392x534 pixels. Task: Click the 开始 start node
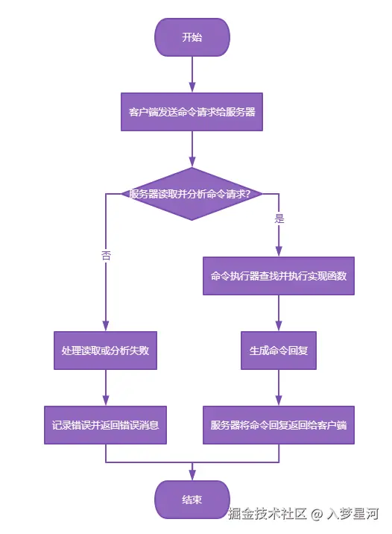point(192,37)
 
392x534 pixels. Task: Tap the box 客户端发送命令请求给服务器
point(192,112)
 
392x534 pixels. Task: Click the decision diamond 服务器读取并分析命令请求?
point(192,194)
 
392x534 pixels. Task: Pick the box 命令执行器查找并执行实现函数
point(279,275)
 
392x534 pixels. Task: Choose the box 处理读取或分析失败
point(105,350)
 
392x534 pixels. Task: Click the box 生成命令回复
point(279,350)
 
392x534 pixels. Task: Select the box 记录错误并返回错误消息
point(105,425)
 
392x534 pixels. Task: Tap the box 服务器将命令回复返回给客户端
point(279,425)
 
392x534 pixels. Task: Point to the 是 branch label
point(279,219)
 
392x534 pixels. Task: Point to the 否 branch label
point(106,255)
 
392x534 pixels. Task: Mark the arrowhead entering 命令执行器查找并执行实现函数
point(279,252)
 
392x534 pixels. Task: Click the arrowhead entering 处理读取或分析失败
point(105,326)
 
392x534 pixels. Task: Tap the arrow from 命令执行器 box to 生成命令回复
point(279,312)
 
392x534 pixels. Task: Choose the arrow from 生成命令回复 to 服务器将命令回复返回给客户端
point(279,386)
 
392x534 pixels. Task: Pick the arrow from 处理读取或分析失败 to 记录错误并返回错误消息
point(105,386)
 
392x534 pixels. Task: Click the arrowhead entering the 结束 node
point(192,476)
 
